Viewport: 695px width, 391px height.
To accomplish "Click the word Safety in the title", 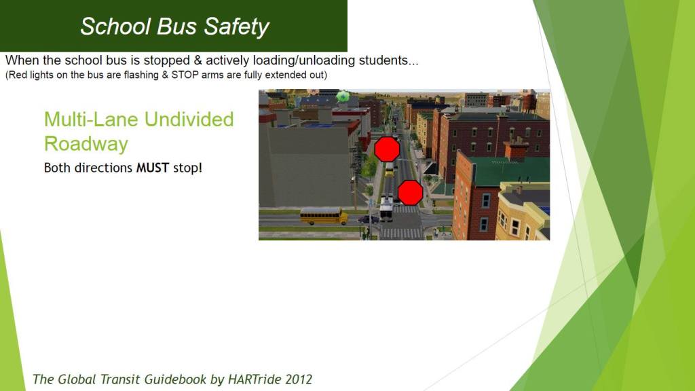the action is (236, 27).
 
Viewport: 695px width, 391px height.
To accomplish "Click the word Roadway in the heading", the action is (86, 144).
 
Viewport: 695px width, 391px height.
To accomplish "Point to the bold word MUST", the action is (153, 168).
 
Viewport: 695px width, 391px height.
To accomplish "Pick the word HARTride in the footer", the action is (255, 379).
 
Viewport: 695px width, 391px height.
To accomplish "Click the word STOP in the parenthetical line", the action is (185, 75).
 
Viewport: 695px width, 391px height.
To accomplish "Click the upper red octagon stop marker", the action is (387, 149).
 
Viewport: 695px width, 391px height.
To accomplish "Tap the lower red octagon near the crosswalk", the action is (410, 192).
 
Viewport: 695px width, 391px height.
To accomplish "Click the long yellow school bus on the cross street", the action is (324, 216).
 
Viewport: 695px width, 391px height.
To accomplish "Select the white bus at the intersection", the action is (386, 208).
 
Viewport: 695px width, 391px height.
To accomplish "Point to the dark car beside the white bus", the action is (369, 219).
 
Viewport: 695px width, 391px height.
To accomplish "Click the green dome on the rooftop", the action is (343, 96).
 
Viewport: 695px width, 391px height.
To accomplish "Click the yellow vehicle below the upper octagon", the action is (389, 170).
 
